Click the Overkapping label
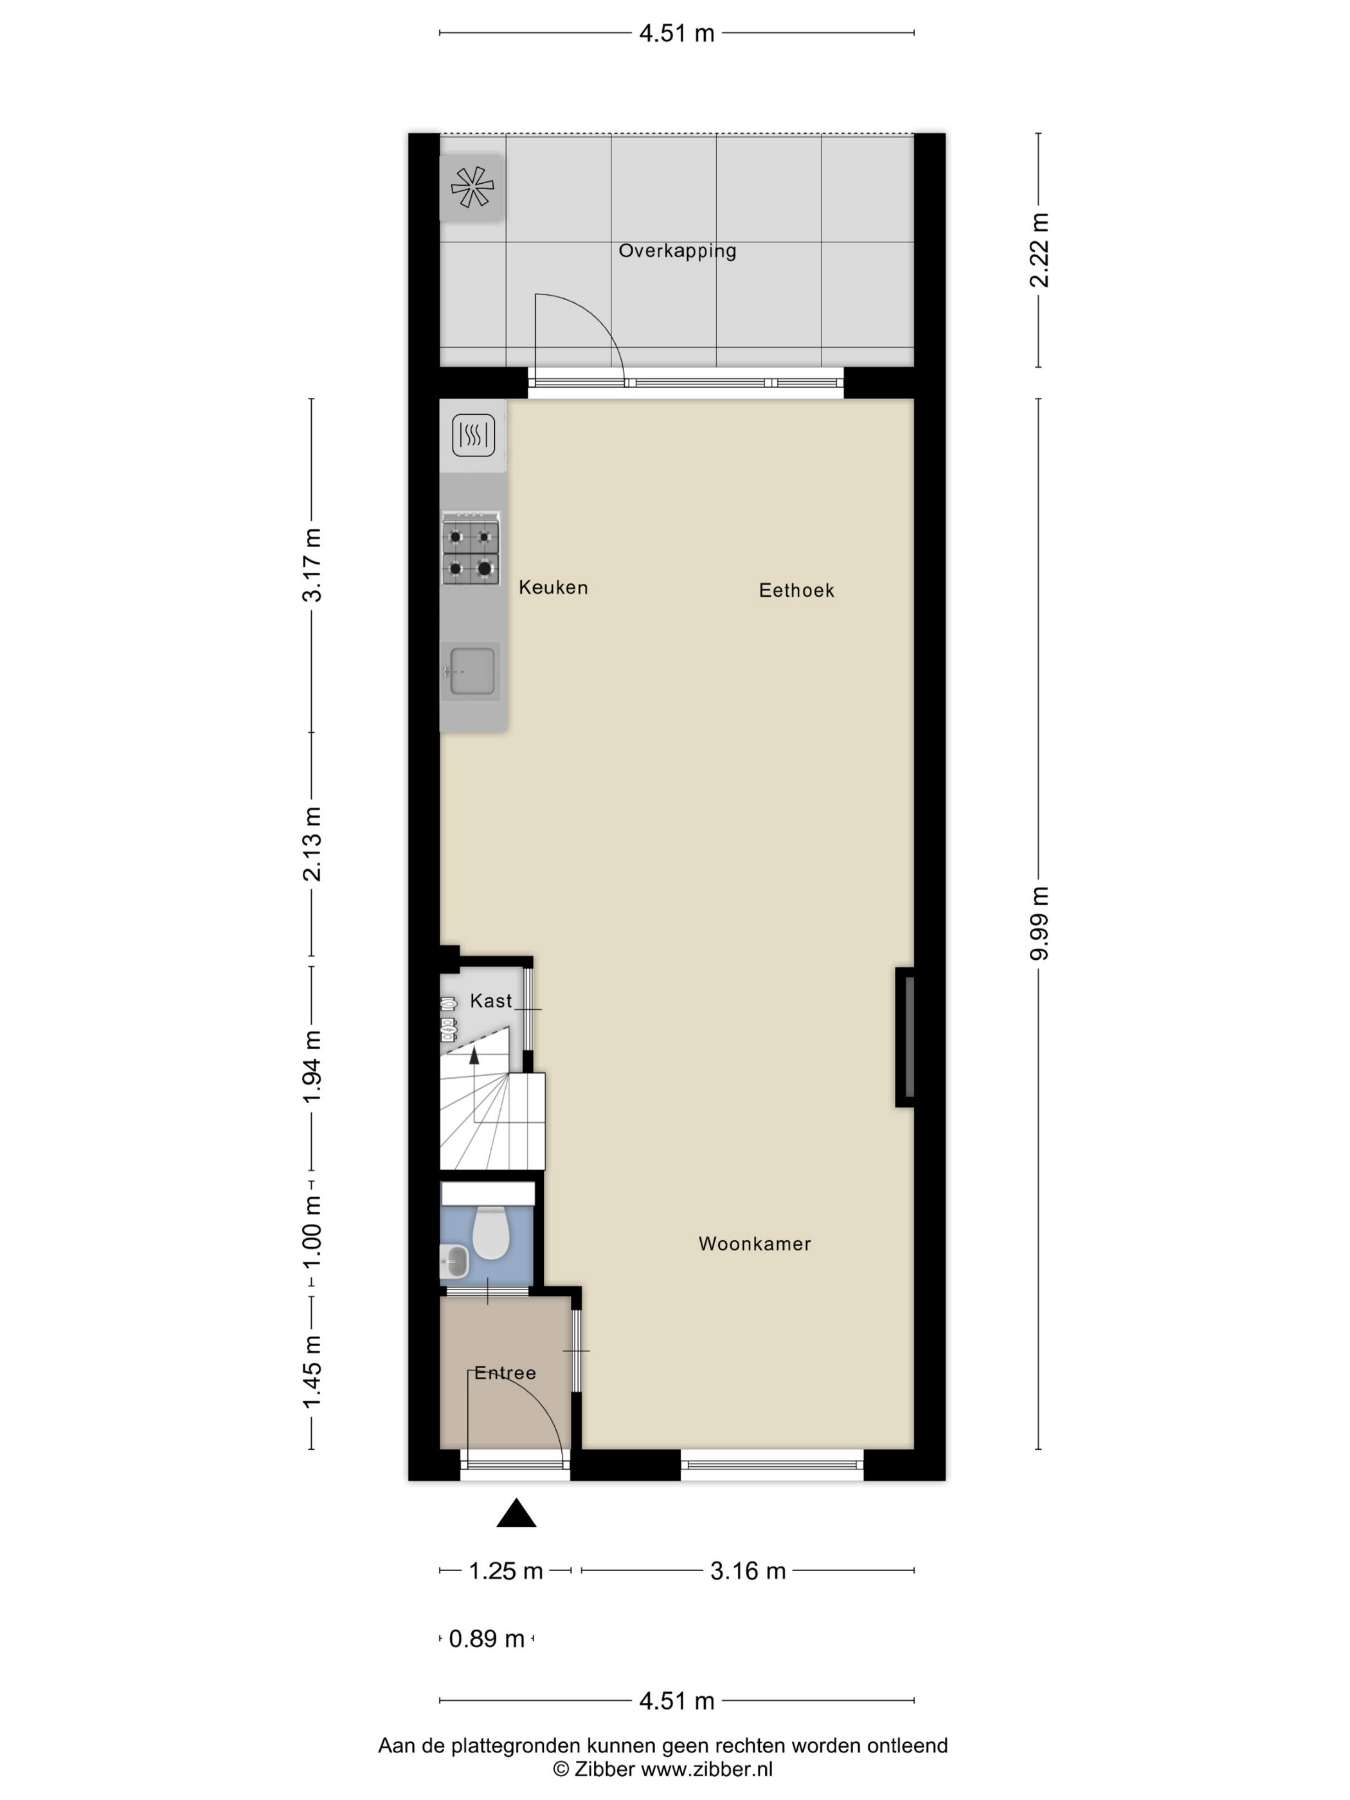click(x=677, y=251)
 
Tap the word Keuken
click(x=553, y=588)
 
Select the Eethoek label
click(x=797, y=591)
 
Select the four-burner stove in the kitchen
click(x=471, y=548)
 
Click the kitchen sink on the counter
click(x=471, y=671)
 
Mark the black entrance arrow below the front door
click(x=516, y=1513)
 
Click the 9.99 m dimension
click(x=1039, y=924)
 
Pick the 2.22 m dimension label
click(x=1039, y=250)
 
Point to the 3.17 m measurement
click(x=312, y=564)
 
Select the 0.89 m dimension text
click(x=487, y=1639)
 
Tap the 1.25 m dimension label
click(x=505, y=1571)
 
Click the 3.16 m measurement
click(x=748, y=1571)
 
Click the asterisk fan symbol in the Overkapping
click(x=472, y=187)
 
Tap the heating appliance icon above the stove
click(x=474, y=435)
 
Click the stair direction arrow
click(x=474, y=1056)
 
